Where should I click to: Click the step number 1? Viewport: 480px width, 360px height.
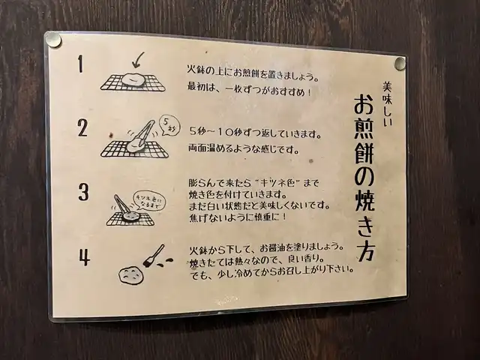click(x=80, y=64)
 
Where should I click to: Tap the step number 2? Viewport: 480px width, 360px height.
click(x=82, y=128)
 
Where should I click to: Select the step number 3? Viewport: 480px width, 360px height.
click(x=83, y=192)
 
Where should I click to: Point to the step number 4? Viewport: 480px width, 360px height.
click(x=85, y=257)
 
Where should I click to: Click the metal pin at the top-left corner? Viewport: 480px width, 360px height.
click(x=54, y=40)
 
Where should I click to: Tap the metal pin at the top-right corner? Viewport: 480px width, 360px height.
click(x=400, y=63)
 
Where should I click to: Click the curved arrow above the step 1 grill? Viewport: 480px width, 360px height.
click(x=138, y=60)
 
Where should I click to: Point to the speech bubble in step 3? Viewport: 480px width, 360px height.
click(x=148, y=200)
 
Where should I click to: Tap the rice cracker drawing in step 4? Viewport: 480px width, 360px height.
click(x=130, y=275)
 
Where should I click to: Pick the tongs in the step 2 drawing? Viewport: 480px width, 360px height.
click(x=142, y=134)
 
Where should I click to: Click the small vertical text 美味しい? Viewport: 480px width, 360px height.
click(x=387, y=103)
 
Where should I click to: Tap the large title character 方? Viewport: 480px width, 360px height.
click(x=367, y=252)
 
